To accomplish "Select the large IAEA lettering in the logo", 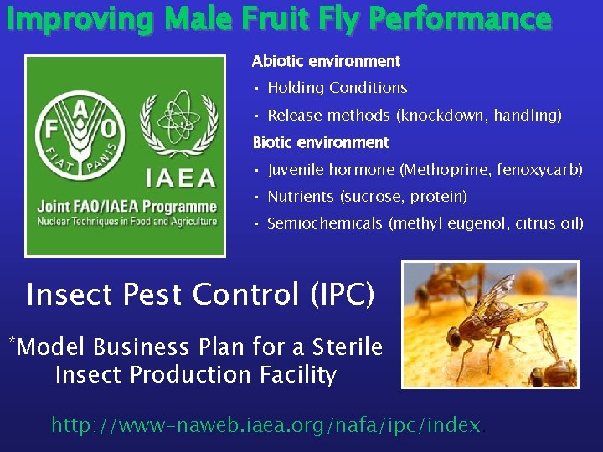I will tap(181, 178).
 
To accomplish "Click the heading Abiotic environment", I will tap(326, 62).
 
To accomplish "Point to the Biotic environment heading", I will tap(321, 143).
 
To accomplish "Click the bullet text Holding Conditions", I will tap(337, 88).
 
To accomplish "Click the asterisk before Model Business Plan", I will tap(12, 340).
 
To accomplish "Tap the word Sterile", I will tap(348, 347).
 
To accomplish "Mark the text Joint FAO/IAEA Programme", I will tap(126, 207).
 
